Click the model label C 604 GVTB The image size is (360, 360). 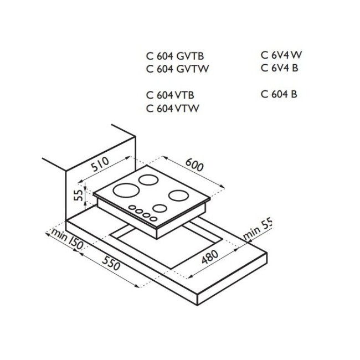(175, 56)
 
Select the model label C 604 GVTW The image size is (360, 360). (177, 69)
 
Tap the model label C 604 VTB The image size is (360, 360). (170, 95)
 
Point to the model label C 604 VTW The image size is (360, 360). (172, 108)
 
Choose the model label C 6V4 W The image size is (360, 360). (281, 55)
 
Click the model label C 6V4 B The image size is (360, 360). (279, 68)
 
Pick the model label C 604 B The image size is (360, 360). (279, 94)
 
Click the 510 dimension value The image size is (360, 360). (100, 164)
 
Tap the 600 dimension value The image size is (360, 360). (194, 165)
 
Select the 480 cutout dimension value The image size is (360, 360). (210, 257)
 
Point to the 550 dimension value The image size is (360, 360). (111, 263)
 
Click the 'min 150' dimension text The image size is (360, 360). (66, 239)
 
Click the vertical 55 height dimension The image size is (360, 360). (79, 195)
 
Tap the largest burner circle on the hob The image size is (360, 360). (126, 190)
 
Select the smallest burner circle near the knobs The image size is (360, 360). (160, 208)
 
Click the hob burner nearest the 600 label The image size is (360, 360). (179, 196)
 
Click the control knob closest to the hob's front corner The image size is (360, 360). (153, 219)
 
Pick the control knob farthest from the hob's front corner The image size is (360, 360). (132, 208)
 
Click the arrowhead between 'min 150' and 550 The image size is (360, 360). (77, 251)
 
